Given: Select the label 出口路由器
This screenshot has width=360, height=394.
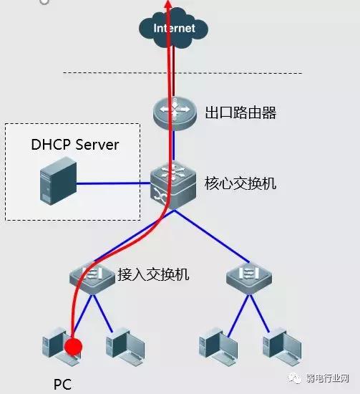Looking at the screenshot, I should click(x=240, y=113).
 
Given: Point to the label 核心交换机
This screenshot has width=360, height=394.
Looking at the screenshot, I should click(x=240, y=183).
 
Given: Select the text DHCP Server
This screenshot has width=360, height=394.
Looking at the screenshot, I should click(x=74, y=145).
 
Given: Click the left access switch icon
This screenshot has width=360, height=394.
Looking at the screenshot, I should click(x=92, y=277).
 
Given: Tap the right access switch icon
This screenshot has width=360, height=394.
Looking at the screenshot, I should click(x=248, y=277).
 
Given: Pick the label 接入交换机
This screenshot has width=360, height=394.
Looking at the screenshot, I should click(x=153, y=274).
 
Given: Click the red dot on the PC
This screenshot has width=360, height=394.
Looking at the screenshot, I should click(x=72, y=347).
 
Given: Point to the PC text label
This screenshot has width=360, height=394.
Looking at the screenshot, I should click(x=63, y=384).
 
